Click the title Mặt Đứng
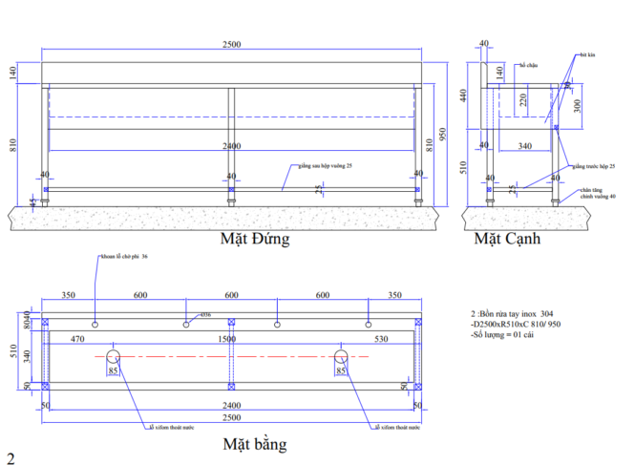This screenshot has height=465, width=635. click(255, 239)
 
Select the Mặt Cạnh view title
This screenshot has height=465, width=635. click(507, 239)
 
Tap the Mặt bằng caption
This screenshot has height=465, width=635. click(254, 444)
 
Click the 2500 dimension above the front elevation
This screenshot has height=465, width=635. click(231, 44)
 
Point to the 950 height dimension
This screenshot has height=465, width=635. click(442, 134)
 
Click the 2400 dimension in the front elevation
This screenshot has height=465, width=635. click(230, 146)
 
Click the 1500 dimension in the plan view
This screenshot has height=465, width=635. click(229, 339)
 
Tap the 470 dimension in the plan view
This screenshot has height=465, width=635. click(78, 339)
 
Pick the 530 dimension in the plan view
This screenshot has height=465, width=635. click(382, 339)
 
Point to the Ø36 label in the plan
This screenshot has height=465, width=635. click(205, 315)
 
